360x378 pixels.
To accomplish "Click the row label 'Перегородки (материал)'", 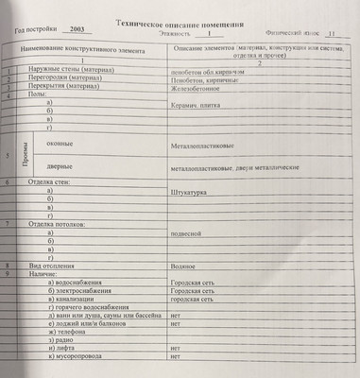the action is point(64,77).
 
